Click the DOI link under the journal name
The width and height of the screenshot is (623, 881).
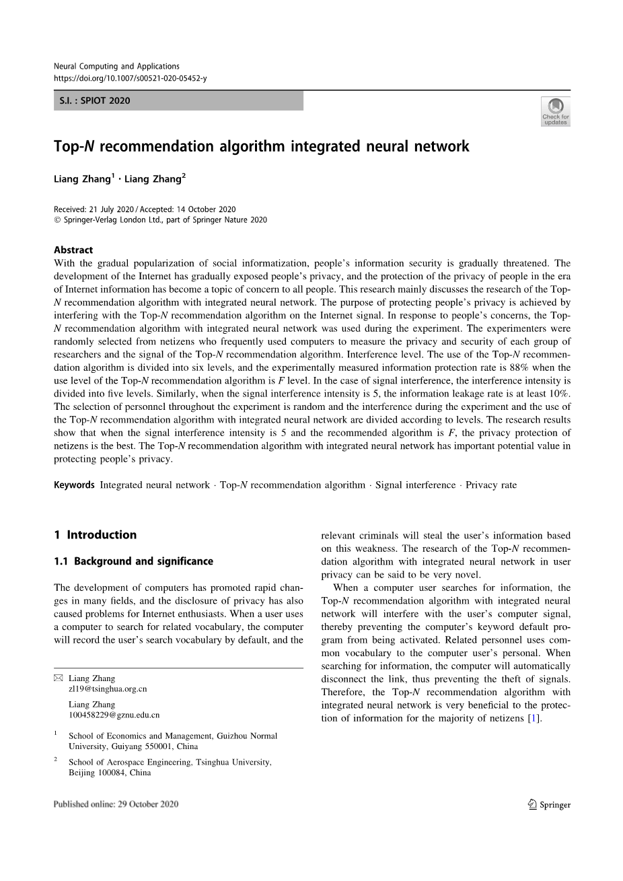point(130,78)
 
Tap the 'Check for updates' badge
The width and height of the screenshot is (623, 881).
point(555,111)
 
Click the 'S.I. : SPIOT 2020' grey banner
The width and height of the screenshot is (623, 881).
point(178,101)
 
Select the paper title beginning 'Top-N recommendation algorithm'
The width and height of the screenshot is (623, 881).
point(261,146)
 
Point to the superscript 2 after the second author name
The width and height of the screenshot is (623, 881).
point(184,176)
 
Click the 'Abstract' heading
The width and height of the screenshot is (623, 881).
point(73,250)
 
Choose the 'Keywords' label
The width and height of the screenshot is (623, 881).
point(74,485)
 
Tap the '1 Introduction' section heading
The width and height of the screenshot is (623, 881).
point(95,535)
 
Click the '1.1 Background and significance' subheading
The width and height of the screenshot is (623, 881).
point(133,561)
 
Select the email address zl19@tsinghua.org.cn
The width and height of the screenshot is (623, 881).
point(108,689)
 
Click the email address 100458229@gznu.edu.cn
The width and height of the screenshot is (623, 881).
point(114,715)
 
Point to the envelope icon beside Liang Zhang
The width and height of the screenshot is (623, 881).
point(58,678)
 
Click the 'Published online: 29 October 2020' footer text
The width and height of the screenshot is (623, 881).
point(116,804)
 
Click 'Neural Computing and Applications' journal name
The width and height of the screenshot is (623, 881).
point(116,66)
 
